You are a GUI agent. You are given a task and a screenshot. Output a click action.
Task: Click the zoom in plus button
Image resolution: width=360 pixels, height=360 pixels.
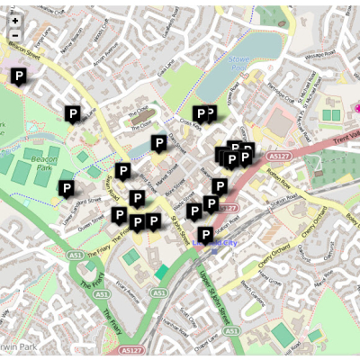point(15,20)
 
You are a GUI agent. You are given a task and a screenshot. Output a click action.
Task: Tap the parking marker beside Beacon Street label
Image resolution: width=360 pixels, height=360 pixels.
point(17,76)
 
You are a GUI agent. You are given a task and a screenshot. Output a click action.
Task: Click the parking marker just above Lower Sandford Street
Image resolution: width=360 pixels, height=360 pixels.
point(66,188)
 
